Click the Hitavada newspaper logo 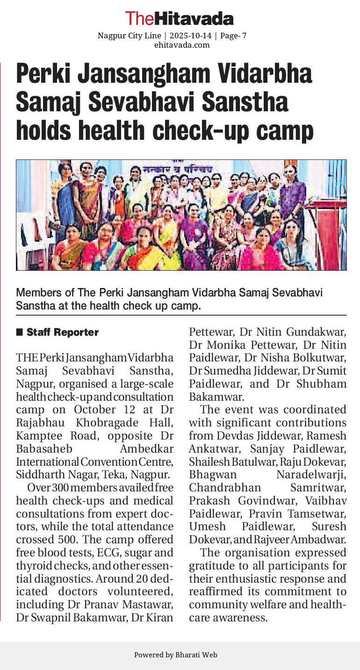[180, 19]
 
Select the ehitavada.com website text [182, 45]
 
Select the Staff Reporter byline [62, 332]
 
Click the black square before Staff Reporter [20, 332]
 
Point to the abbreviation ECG [121, 553]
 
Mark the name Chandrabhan [225, 487]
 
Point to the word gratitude [210, 565]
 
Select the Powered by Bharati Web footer [175, 655]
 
